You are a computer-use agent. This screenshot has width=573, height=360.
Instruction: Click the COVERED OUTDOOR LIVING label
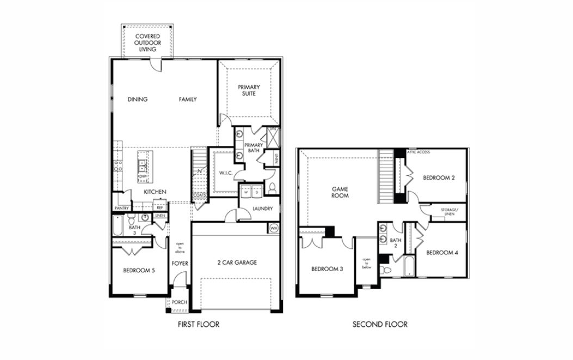coord(147,42)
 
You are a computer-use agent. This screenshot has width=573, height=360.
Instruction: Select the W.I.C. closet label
coord(226,174)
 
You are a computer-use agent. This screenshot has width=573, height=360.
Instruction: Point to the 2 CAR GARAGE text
coord(237,263)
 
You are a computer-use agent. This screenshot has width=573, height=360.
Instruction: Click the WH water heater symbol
coord(274,228)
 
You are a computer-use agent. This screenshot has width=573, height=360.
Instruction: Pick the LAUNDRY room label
coord(262,209)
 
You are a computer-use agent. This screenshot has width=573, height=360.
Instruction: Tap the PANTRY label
coord(121,208)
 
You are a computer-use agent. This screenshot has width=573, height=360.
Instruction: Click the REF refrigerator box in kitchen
coord(160,208)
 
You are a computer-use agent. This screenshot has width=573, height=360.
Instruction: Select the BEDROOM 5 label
coord(135,270)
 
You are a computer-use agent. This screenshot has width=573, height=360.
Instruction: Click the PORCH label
coord(179,303)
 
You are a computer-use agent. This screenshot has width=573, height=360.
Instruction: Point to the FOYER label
coord(180,263)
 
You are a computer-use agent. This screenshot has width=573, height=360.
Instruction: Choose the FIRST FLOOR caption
coord(199,325)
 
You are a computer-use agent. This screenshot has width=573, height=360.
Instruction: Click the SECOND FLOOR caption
coord(380,325)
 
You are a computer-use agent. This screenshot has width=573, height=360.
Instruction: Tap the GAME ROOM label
coord(340,192)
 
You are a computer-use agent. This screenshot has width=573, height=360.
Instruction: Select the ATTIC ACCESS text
coord(418,152)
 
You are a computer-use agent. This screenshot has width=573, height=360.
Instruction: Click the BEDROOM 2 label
coord(439,177)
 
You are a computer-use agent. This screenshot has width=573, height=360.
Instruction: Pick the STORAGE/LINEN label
coord(449,211)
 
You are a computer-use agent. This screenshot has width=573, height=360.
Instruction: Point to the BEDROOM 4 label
coord(442,253)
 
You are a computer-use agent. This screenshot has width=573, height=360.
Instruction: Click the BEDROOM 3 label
coord(326,269)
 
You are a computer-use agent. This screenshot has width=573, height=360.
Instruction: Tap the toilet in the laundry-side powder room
coord(273,188)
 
